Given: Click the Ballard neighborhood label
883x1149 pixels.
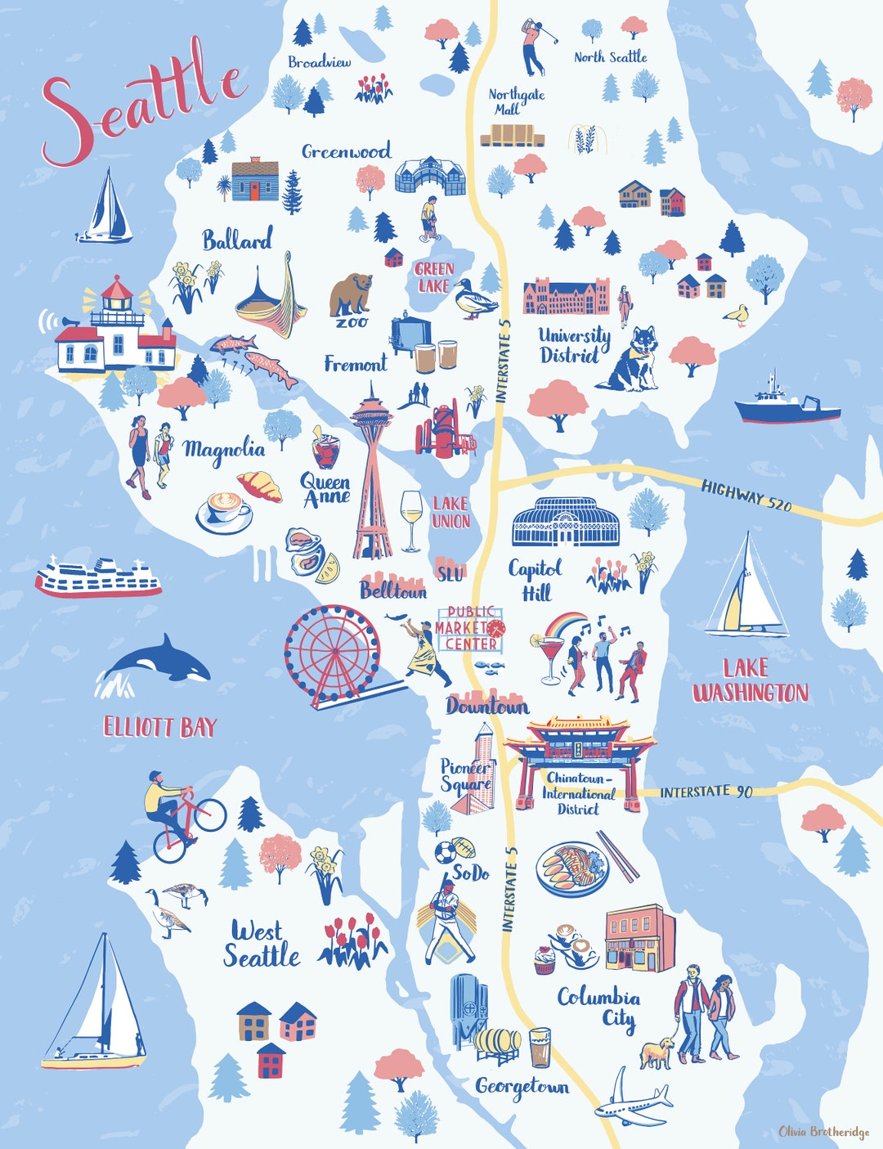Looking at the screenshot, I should [237, 240].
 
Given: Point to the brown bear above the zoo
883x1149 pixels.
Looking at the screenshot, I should [350, 294].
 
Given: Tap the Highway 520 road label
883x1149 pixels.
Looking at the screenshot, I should [746, 496].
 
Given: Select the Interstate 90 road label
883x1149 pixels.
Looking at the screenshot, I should [706, 792].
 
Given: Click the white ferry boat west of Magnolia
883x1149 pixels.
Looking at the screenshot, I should [98, 577].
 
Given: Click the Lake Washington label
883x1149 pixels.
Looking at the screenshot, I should [750, 680].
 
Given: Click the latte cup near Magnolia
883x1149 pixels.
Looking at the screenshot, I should [225, 510].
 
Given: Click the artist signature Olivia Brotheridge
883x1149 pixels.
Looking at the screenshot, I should [823, 1132].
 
